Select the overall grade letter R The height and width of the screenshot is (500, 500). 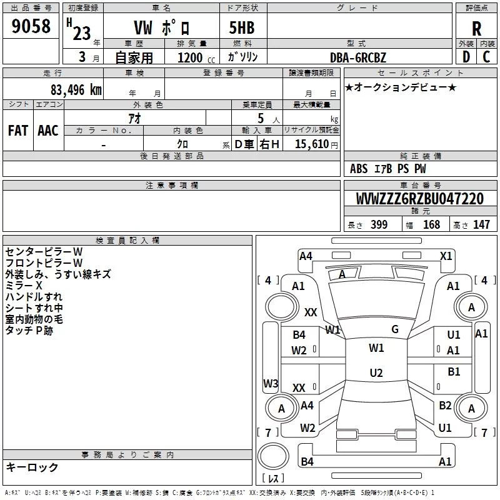[x=476, y=29]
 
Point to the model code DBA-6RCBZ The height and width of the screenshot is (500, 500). [x=357, y=57]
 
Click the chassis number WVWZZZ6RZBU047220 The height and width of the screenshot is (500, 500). [x=419, y=199]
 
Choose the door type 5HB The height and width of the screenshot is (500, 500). [x=242, y=29]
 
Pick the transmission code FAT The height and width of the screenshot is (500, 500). [x=17, y=131]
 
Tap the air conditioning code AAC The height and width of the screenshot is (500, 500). [x=47, y=131]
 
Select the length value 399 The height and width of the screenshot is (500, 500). [x=379, y=225]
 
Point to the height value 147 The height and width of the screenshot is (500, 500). [x=481, y=225]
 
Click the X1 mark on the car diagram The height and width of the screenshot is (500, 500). [x=446, y=256]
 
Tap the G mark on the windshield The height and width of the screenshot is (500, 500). [x=395, y=329]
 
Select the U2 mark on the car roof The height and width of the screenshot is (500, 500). [x=376, y=373]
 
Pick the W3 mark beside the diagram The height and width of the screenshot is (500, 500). [x=271, y=383]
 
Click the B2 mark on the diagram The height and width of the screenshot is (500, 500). [x=445, y=406]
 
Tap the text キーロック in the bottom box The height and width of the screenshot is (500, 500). [x=32, y=467]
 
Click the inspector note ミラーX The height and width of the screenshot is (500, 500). [x=24, y=285]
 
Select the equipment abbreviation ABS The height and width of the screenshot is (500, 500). [x=359, y=169]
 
